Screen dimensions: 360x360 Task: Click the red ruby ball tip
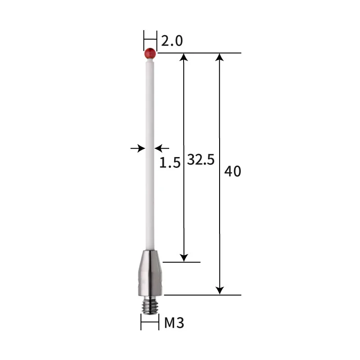pos(150,54)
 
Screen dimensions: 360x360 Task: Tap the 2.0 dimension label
pos(172,41)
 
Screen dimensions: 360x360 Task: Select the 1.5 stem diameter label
pos(170,163)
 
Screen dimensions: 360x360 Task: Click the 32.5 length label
pos(201,160)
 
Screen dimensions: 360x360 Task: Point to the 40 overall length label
pos(233,171)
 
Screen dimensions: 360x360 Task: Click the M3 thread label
pos(174,323)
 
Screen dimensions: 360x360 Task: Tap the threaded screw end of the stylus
pos(150,305)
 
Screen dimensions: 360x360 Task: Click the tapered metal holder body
pos(150,273)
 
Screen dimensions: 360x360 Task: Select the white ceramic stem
pos(150,154)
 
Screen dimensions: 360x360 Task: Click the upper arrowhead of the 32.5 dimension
pos(184,57)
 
